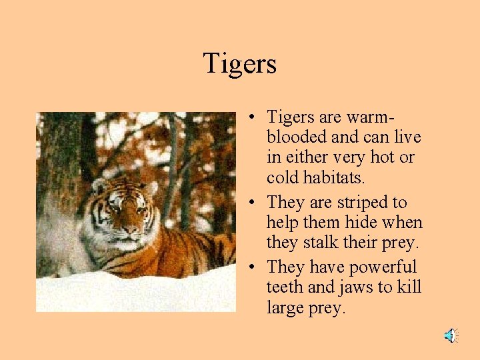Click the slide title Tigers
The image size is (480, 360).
(x=239, y=64)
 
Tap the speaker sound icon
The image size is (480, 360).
(x=451, y=335)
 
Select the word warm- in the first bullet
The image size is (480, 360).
(x=370, y=117)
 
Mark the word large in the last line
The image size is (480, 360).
(x=287, y=309)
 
